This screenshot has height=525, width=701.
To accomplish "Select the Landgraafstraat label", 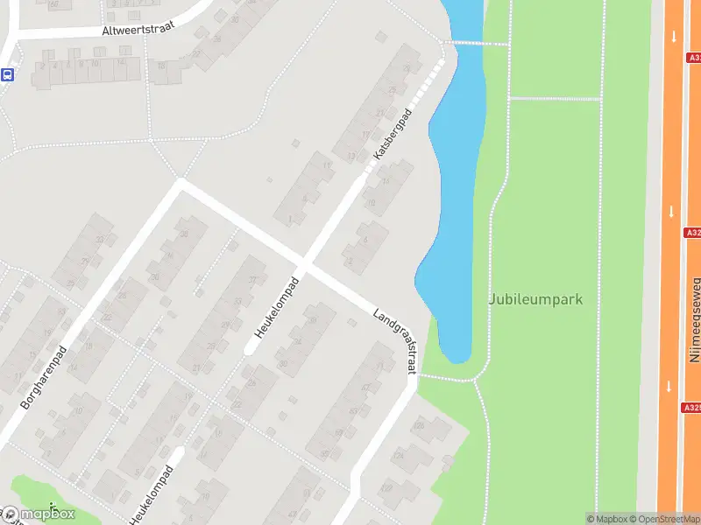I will [x=394, y=341].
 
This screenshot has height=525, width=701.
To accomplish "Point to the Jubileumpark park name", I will [x=535, y=299].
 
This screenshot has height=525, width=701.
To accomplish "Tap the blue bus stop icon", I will [x=7, y=74].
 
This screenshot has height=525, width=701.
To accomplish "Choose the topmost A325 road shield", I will [x=693, y=58].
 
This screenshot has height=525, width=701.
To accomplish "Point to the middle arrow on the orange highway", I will [x=671, y=212].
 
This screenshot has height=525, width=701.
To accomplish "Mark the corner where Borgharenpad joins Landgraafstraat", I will [x=181, y=183].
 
